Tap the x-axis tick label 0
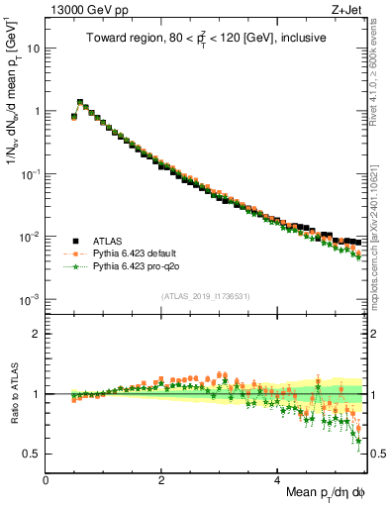(46, 480)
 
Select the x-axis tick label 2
(161, 480)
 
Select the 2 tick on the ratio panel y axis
(35, 334)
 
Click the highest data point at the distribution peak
(80, 102)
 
